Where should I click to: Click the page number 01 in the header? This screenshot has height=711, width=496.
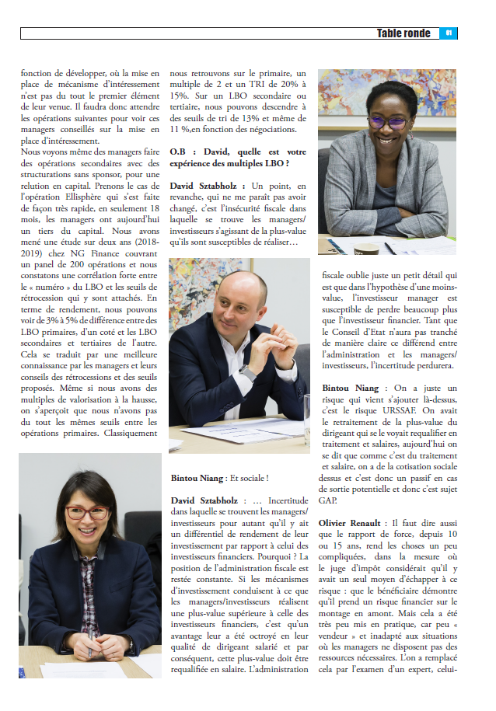[x=450, y=33]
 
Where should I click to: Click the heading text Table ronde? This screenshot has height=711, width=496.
[x=403, y=33]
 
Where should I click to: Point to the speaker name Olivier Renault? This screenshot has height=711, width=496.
[x=355, y=524]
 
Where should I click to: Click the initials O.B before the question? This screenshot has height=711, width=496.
[x=179, y=152]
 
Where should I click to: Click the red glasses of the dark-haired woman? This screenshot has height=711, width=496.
[x=86, y=512]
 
